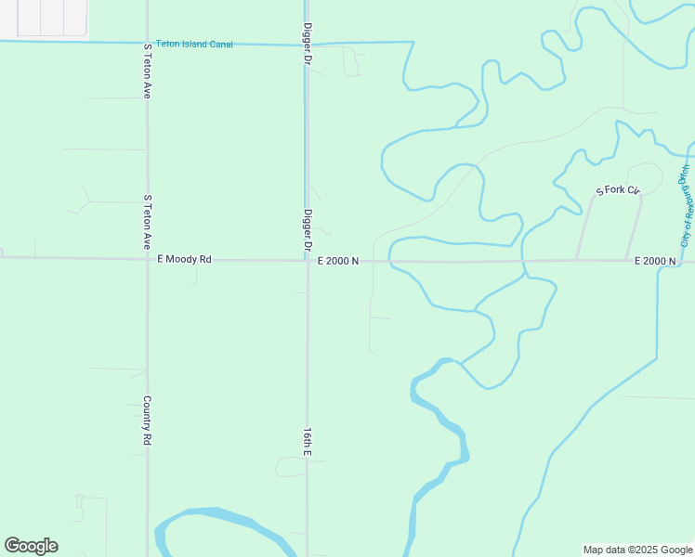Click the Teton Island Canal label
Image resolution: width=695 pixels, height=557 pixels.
(x=194, y=44)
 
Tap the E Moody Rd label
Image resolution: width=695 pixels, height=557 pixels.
(x=185, y=260)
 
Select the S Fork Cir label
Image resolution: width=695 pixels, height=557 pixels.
(x=619, y=190)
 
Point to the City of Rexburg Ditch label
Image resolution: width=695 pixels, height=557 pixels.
(x=686, y=205)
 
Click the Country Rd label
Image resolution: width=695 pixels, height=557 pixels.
(x=147, y=420)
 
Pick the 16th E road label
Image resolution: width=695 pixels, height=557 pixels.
(x=307, y=442)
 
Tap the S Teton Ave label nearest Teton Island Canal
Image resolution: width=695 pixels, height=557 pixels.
(x=147, y=71)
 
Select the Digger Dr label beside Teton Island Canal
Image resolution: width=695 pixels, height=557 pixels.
(x=307, y=45)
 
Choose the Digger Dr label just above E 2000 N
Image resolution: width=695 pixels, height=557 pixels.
(x=307, y=231)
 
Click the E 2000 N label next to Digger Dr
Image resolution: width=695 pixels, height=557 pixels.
(x=338, y=261)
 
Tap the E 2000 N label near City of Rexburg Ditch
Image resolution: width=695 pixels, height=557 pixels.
(x=655, y=261)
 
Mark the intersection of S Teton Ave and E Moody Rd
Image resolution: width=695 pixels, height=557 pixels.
(x=147, y=259)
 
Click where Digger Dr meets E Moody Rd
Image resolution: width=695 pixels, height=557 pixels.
(x=308, y=261)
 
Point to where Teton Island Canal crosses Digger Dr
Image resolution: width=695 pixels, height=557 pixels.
(x=308, y=43)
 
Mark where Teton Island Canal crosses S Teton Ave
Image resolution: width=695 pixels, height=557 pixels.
(x=147, y=42)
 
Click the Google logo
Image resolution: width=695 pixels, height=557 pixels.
(x=31, y=546)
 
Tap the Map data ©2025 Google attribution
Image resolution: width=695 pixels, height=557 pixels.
(x=637, y=550)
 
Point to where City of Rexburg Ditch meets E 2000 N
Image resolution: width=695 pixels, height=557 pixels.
(x=659, y=261)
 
